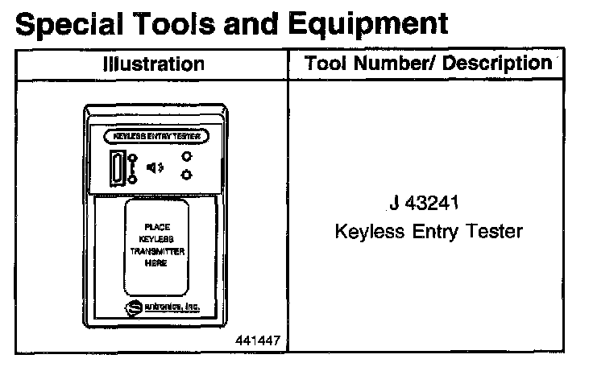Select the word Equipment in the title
(379, 25)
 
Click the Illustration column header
(153, 64)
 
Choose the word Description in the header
(496, 63)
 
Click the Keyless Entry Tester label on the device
(156, 136)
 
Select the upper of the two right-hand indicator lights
(186, 158)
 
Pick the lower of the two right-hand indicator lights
(186, 175)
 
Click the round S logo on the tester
(133, 308)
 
